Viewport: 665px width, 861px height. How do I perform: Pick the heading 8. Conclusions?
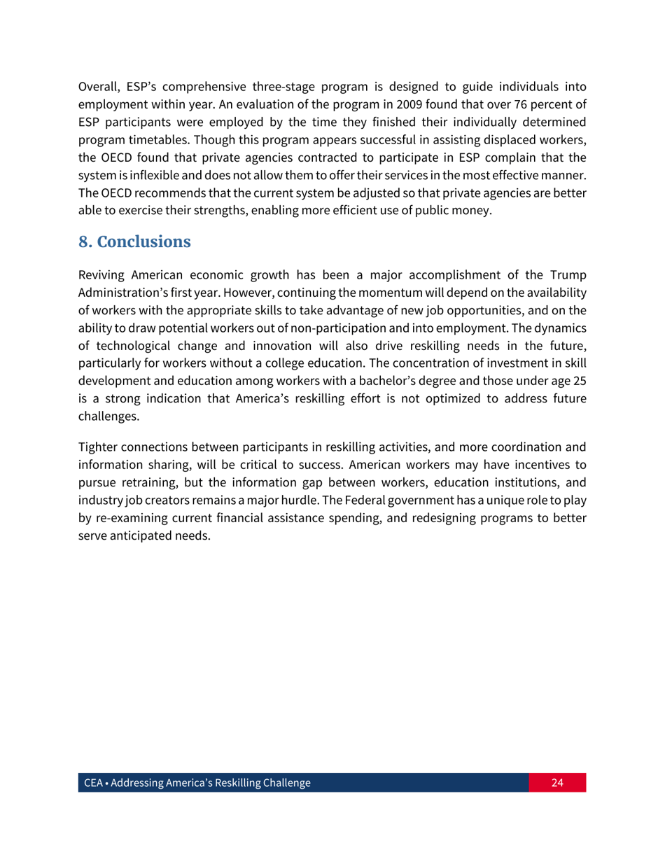(x=134, y=243)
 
